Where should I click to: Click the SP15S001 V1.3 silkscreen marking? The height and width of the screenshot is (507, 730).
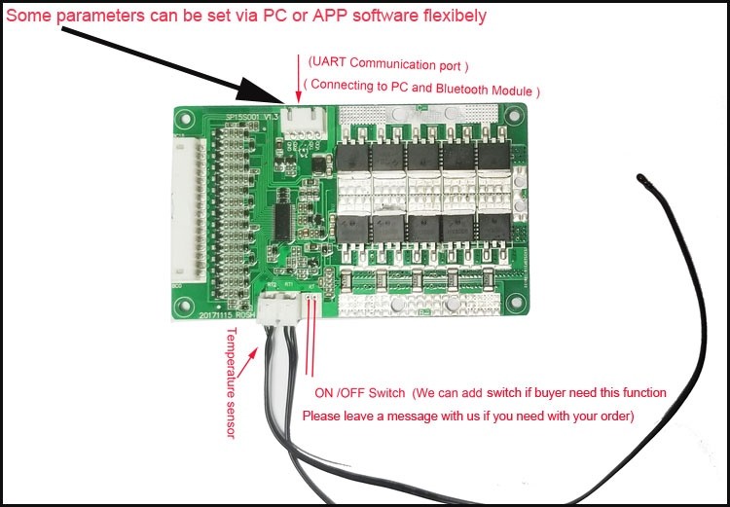coord(252,117)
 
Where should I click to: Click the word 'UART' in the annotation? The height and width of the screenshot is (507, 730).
coord(329,65)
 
